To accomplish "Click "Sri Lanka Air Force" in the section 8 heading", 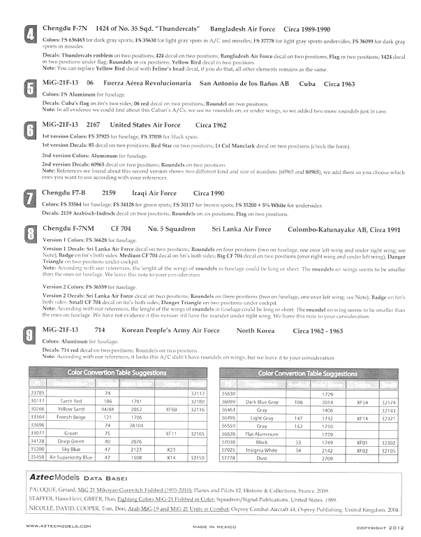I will (x=242, y=229).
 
